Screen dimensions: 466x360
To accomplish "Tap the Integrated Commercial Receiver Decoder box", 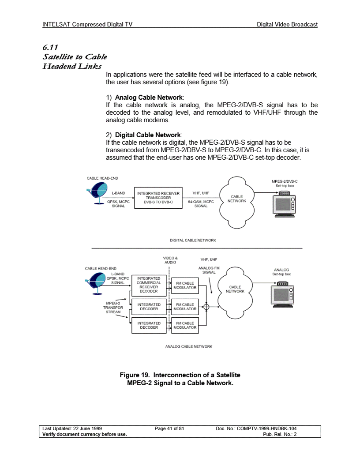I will coord(149,285).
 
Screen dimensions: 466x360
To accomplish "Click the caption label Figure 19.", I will coord(136,375).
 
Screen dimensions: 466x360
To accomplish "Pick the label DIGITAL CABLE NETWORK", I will coord(193,240).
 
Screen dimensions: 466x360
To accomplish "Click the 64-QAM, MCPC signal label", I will coord(201,203).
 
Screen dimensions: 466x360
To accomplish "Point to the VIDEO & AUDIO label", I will coord(170,259).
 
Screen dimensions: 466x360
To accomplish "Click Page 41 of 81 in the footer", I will coord(169,428).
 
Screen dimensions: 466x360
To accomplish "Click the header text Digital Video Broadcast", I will coord(287,25).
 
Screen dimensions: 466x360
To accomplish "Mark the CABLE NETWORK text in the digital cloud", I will coord(237,199).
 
